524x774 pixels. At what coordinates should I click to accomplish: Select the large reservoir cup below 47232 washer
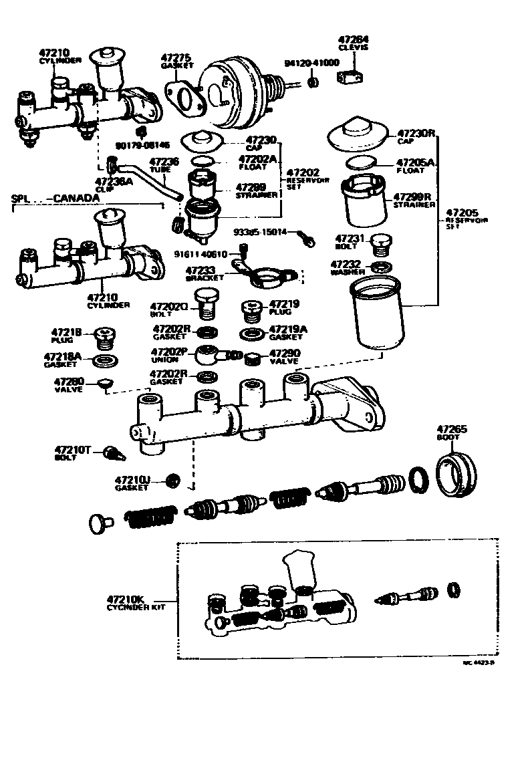(x=378, y=313)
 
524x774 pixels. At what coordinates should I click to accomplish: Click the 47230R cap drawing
(x=359, y=136)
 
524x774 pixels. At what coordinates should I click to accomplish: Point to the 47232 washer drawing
(x=380, y=268)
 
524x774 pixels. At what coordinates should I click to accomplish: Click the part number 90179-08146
(x=143, y=145)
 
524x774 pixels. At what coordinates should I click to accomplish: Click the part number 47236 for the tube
(x=164, y=162)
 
